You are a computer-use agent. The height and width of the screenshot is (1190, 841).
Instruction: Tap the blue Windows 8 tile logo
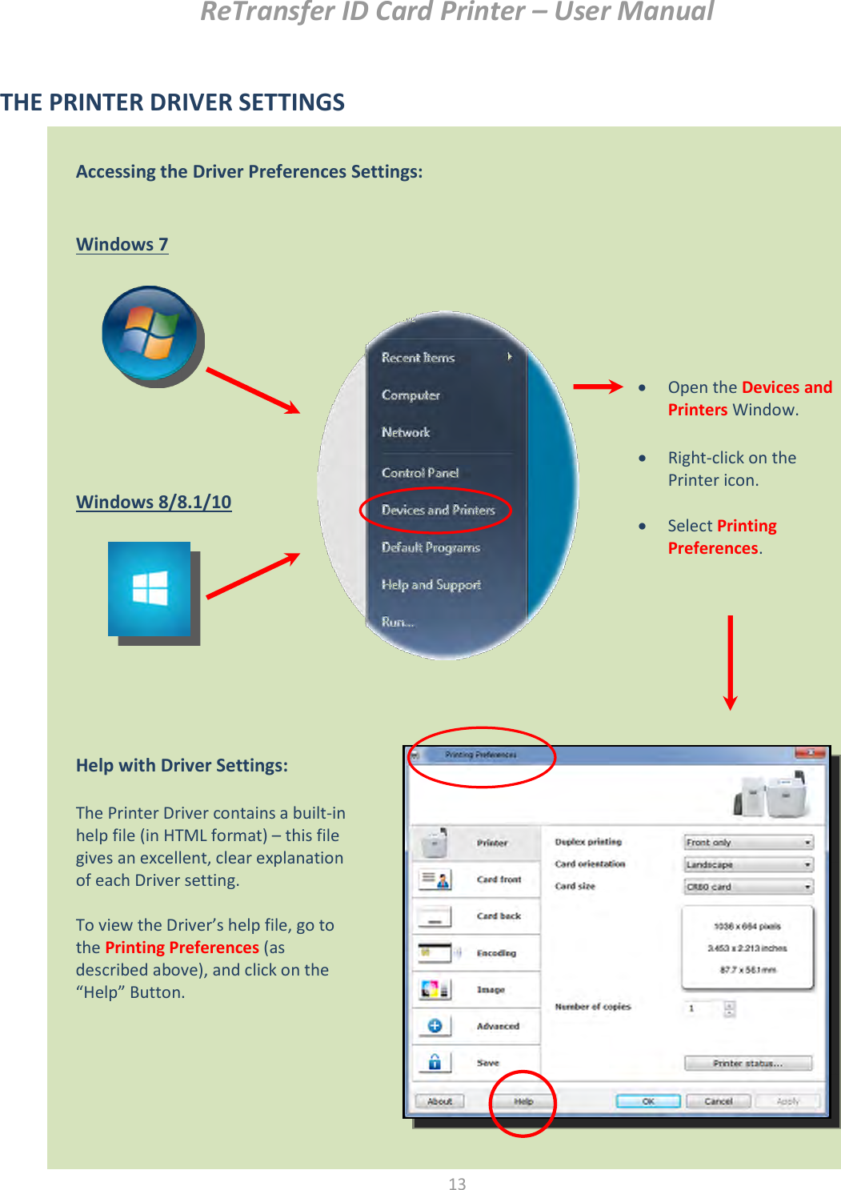pyautogui.click(x=150, y=589)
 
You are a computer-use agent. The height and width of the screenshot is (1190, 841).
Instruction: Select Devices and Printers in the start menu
pyautogui.click(x=438, y=510)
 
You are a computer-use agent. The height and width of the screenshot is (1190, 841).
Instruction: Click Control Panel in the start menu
pyautogui.click(x=420, y=473)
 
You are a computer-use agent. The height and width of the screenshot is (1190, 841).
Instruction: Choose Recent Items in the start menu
pyautogui.click(x=418, y=358)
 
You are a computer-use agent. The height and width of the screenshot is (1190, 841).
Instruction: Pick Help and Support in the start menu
pyautogui.click(x=431, y=585)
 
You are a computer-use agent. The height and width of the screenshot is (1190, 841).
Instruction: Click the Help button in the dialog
pyautogui.click(x=523, y=1102)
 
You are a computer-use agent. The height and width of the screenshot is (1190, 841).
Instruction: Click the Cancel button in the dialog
pyautogui.click(x=719, y=1102)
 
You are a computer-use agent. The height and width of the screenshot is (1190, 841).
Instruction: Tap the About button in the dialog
pyautogui.click(x=440, y=1102)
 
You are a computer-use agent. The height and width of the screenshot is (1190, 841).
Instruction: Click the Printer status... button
pyautogui.click(x=747, y=1064)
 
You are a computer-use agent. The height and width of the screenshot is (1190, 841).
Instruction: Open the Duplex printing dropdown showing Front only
pyautogui.click(x=748, y=843)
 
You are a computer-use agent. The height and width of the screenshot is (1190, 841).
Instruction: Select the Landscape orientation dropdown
pyautogui.click(x=748, y=865)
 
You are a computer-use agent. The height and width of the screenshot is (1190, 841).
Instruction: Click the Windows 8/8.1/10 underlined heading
pyautogui.click(x=154, y=503)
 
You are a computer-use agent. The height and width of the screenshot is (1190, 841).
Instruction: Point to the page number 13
pyautogui.click(x=457, y=1184)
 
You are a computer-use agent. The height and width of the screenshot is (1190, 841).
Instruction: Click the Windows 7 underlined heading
pyautogui.click(x=122, y=245)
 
